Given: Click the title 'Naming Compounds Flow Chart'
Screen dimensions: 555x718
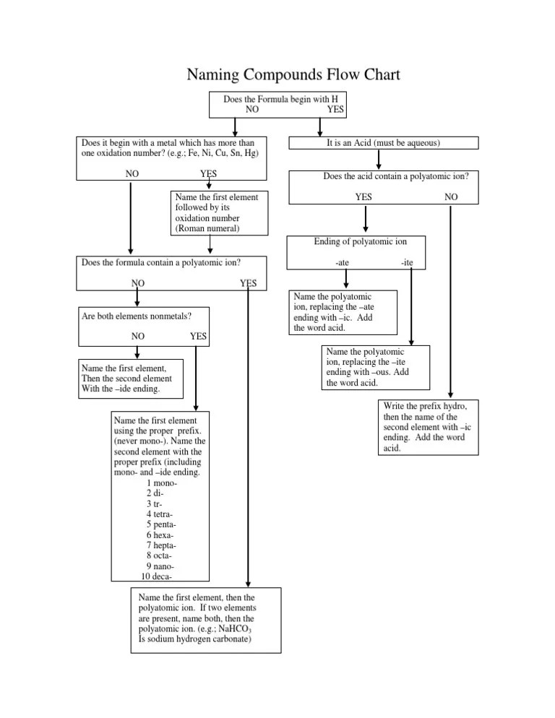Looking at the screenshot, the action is click(x=293, y=74).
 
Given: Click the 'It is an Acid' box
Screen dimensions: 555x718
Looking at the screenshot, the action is click(x=384, y=143).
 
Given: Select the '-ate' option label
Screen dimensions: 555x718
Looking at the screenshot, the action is click(x=342, y=263).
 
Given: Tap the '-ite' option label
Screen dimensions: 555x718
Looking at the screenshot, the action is click(x=407, y=263).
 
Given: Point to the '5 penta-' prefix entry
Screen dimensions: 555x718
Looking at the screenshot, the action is click(x=161, y=524).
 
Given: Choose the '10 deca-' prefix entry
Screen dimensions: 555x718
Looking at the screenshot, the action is click(x=156, y=576).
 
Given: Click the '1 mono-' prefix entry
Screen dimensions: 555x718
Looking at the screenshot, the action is click(x=162, y=483).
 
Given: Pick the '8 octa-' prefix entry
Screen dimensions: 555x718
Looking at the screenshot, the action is click(x=159, y=556).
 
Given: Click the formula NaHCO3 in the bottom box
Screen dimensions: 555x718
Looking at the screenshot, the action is click(x=235, y=629).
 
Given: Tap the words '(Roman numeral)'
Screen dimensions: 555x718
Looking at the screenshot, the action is click(x=207, y=228).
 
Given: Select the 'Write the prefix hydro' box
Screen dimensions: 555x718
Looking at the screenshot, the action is click(x=429, y=427).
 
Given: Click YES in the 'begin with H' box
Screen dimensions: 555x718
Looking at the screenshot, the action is click(x=335, y=110).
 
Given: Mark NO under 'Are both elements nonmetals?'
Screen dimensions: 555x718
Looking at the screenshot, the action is click(x=138, y=336).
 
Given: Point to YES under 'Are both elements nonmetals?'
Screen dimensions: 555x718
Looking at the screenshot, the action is click(x=199, y=336).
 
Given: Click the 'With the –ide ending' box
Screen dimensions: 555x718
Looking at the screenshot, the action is click(x=131, y=379).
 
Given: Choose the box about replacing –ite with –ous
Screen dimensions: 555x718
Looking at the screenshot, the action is click(x=376, y=368).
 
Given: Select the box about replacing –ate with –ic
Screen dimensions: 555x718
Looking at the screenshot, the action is click(x=343, y=312).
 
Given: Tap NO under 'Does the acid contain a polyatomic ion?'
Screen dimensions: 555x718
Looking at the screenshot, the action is click(x=451, y=197).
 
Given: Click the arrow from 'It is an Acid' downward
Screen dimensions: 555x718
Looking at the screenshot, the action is click(x=379, y=160).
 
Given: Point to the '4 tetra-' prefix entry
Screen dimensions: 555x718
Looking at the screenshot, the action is click(x=160, y=514).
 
